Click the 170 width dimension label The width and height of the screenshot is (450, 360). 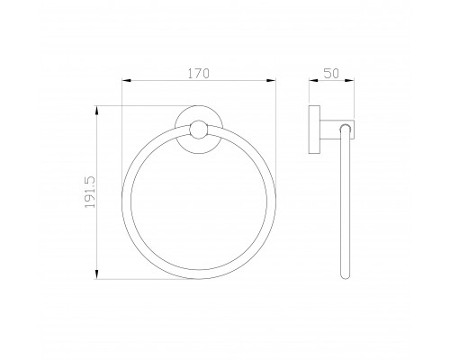(198, 74)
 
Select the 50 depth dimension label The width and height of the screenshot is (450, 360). (331, 74)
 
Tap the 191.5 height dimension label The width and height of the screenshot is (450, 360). (90, 192)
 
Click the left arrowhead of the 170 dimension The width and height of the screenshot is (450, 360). (126, 80)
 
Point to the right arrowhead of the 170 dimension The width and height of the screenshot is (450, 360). (271, 80)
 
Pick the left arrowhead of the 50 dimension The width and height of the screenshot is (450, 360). (313, 80)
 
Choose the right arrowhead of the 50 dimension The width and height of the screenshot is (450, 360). (349, 80)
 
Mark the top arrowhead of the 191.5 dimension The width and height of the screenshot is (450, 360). (96, 111)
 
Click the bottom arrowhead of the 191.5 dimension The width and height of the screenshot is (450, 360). (96, 274)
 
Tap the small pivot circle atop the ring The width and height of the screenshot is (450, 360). (198, 130)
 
